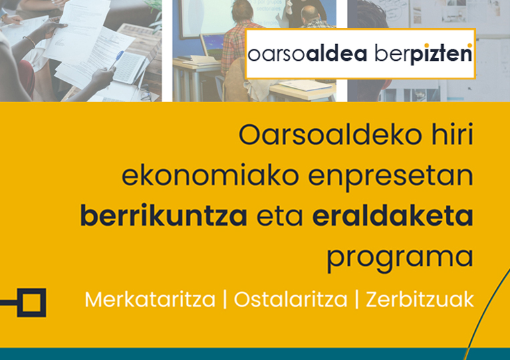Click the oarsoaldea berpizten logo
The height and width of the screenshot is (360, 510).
[x=360, y=53]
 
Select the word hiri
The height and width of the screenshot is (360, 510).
[x=452, y=134]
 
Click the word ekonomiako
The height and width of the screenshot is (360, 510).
[x=210, y=175]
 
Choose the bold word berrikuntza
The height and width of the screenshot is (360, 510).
[x=164, y=216]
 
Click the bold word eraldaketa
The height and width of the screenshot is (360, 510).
[x=392, y=216]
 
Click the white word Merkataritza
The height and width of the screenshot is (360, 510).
[x=150, y=299]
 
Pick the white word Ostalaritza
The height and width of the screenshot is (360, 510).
[x=291, y=299]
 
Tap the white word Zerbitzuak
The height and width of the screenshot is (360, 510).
[x=420, y=299]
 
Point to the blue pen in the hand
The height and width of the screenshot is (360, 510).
[x=116, y=60]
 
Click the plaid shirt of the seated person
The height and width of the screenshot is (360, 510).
[x=237, y=45]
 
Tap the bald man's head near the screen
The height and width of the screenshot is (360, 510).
[x=311, y=14]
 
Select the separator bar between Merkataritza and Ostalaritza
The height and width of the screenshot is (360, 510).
[x=225, y=299]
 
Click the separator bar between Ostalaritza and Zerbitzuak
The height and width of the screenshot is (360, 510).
[x=357, y=299]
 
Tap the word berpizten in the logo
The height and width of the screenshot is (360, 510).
[x=423, y=53]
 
